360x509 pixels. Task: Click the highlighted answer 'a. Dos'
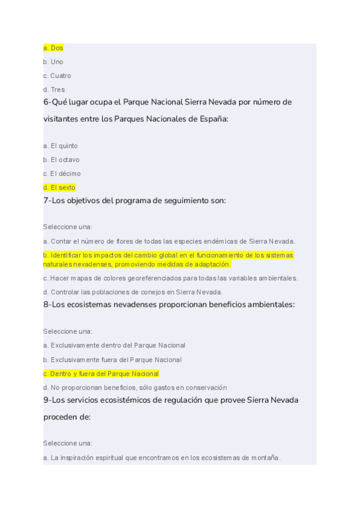(53, 48)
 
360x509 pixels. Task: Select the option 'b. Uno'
(53, 62)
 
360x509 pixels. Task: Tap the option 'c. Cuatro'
(57, 76)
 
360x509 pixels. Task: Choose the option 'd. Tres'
(54, 89)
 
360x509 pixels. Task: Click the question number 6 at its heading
(46, 102)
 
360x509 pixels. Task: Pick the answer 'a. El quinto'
(61, 146)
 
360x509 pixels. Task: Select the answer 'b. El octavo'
(61, 160)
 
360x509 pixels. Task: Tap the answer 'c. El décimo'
(62, 173)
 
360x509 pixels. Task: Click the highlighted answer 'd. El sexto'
(59, 187)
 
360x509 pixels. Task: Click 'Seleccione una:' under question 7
(68, 227)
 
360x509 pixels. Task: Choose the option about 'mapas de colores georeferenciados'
(170, 278)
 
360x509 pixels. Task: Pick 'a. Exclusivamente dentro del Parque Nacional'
(114, 345)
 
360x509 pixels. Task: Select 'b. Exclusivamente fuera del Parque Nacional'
(112, 360)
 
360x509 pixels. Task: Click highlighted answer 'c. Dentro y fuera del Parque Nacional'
(101, 373)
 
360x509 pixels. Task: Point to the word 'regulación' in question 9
(161, 400)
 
